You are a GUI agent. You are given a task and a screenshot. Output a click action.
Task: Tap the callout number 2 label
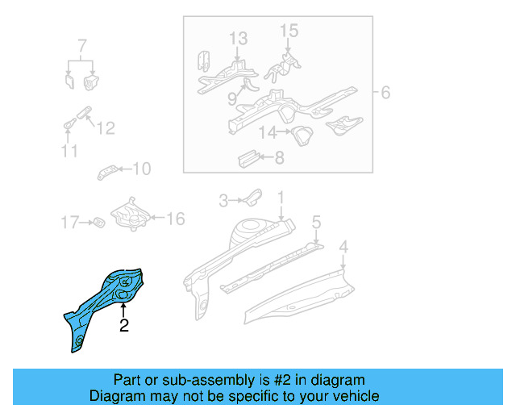pos(123,327)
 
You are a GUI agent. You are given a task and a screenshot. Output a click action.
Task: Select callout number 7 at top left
pos(81,44)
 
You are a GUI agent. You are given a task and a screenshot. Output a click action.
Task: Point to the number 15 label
pos(289,31)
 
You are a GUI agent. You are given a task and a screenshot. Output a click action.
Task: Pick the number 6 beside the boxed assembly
pos(385,93)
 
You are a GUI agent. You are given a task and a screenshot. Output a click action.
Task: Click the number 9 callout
pos(231,99)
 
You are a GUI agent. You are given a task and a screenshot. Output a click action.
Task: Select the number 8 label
pos(279,158)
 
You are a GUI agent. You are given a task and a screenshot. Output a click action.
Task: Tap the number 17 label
pos(70,222)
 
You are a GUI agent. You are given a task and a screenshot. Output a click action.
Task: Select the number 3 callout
pos(224,199)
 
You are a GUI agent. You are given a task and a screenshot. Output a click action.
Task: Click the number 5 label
pos(316,220)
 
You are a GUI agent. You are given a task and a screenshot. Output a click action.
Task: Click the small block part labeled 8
pos(245,158)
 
